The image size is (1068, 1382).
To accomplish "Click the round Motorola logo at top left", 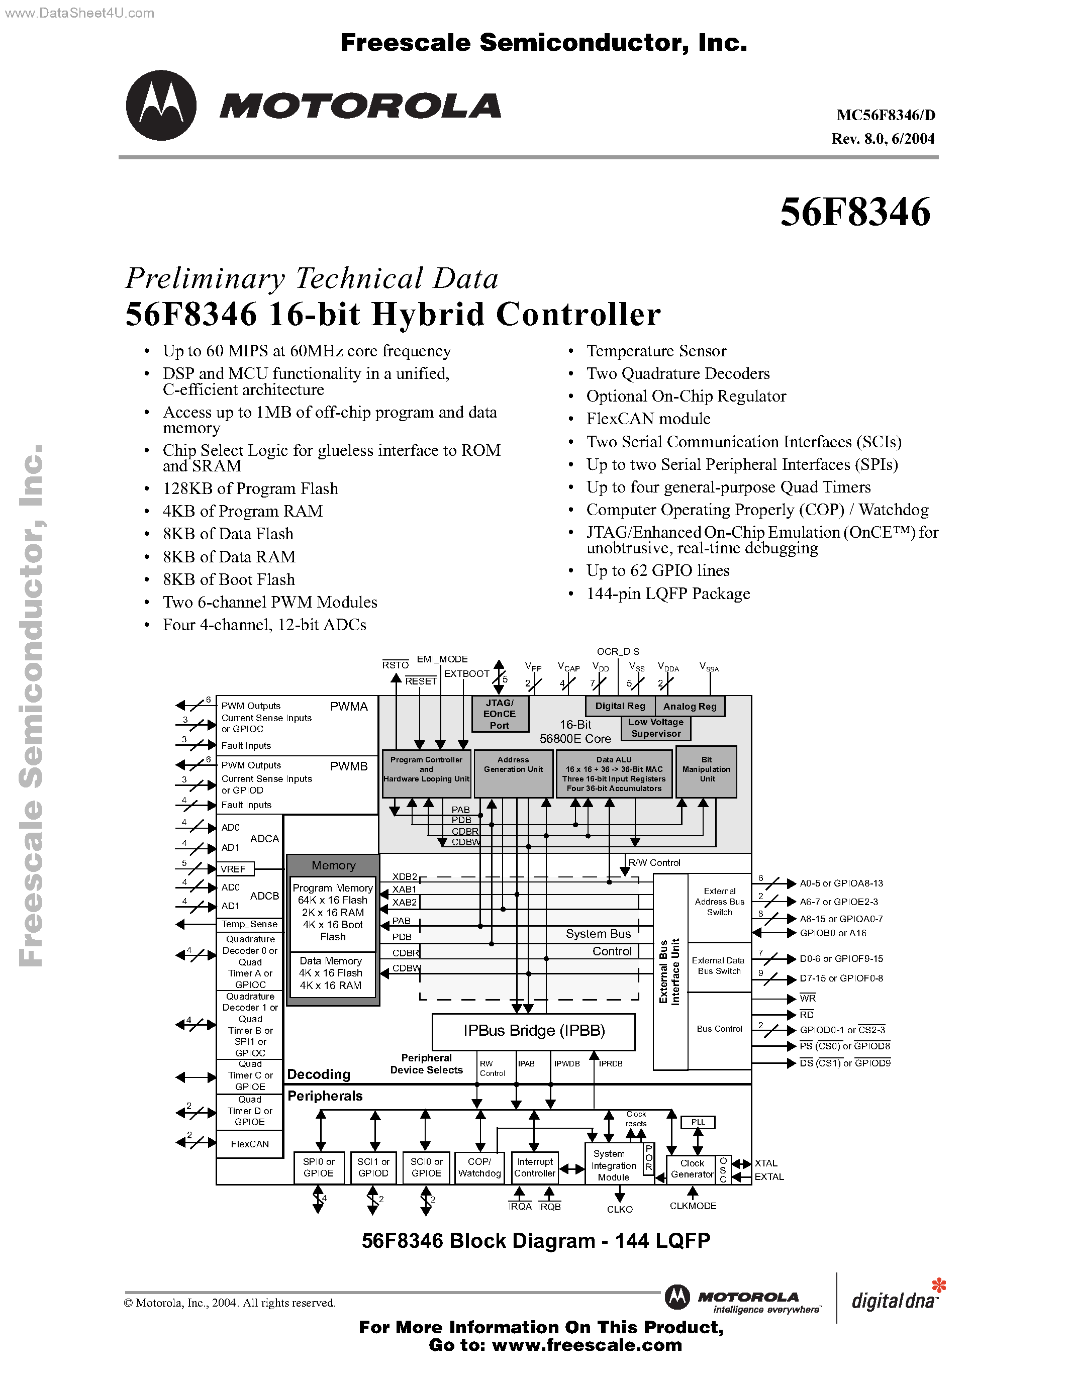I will coord(161,105).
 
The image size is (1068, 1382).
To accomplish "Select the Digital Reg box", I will coord(620,706).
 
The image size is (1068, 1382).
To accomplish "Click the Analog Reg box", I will coord(690,706).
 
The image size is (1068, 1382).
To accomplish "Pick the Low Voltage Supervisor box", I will coord(655,728).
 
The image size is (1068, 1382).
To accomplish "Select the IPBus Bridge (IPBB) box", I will coord(533,1031).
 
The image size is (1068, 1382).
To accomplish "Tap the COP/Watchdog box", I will coord(479,1167).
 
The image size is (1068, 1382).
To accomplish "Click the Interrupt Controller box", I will coord(535,1167).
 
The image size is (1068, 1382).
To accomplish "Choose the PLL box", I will coord(697,1122).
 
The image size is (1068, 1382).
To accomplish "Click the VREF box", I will coord(234,869).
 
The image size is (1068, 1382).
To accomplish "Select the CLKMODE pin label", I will coord(693,1206).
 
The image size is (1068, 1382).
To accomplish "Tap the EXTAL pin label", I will coord(769,1177).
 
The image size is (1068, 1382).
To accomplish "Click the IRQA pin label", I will coord(520,1207).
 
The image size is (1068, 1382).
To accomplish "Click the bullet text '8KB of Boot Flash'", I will coord(228,579).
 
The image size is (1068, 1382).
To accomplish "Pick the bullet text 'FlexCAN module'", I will coord(648,419).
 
